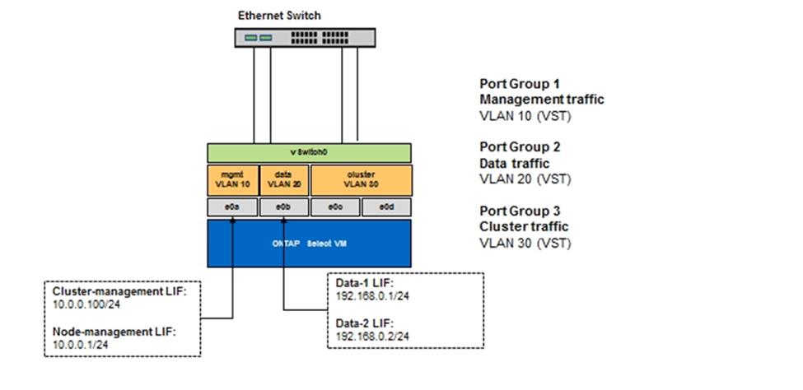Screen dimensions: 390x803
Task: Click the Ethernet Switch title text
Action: pyautogui.click(x=279, y=15)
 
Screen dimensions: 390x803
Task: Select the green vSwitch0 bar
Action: pyautogui.click(x=308, y=153)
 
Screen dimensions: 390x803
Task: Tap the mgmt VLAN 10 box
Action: pyautogui.click(x=233, y=179)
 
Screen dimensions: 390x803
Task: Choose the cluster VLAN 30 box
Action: pyautogui.click(x=360, y=179)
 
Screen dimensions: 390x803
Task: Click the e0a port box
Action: pyautogui.click(x=233, y=207)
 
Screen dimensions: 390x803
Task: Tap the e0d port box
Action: pyautogui.click(x=385, y=207)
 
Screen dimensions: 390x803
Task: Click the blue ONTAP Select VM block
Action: pyautogui.click(x=308, y=243)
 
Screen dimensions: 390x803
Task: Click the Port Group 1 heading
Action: pyautogui.click(x=520, y=84)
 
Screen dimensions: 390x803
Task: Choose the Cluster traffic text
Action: pyautogui.click(x=524, y=226)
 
